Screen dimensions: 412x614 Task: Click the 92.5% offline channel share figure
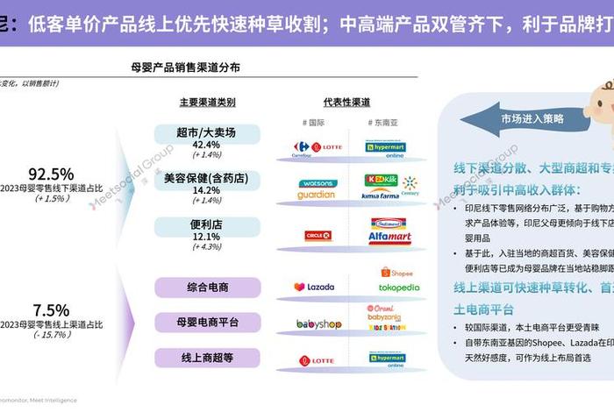tap(50, 174)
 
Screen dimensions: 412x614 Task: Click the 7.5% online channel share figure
tap(50, 310)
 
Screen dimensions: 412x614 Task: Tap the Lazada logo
tap(314, 287)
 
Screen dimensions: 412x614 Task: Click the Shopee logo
tap(396, 273)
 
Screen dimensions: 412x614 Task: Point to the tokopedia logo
tap(399, 288)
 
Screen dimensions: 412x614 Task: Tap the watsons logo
tap(317, 184)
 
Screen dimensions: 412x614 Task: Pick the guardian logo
tap(316, 195)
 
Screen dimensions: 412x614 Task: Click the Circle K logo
tap(317, 235)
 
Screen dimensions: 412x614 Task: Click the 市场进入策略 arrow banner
tap(532, 117)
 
